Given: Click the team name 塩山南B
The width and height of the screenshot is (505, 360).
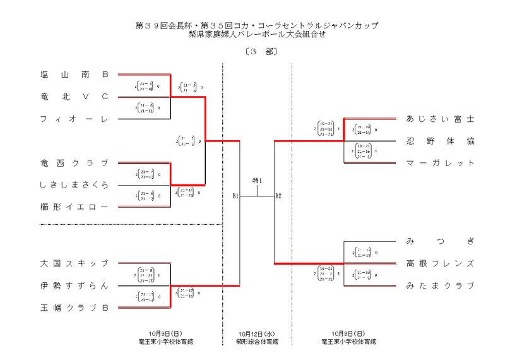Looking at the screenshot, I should pyautogui.click(x=74, y=75).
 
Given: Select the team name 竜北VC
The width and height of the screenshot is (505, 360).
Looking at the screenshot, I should pyautogui.click(x=74, y=97).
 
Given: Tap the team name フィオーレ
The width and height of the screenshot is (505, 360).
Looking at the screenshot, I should pyautogui.click(x=74, y=119).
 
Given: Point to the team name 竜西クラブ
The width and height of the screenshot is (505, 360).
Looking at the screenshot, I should pyautogui.click(x=74, y=163).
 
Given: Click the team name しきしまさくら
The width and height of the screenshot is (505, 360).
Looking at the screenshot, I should pyautogui.click(x=74, y=185).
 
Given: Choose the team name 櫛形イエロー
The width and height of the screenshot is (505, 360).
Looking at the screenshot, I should pyautogui.click(x=74, y=207).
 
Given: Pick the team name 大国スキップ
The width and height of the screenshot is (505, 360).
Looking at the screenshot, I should pyautogui.click(x=74, y=263).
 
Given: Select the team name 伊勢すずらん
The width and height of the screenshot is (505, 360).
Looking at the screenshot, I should pyautogui.click(x=74, y=285).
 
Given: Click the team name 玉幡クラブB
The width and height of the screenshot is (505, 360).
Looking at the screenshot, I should pyautogui.click(x=74, y=308).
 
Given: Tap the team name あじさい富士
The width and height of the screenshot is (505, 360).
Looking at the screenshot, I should pyautogui.click(x=440, y=119).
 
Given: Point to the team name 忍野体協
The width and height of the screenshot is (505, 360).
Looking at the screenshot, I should pyautogui.click(x=440, y=141).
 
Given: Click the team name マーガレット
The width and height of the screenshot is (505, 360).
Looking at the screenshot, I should pyautogui.click(x=440, y=163).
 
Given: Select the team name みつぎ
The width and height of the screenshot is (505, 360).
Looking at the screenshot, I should pyautogui.click(x=440, y=241).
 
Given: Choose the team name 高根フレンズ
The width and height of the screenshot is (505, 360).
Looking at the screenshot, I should pyautogui.click(x=440, y=263).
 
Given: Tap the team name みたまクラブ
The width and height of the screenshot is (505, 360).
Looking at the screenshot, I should pyautogui.click(x=440, y=285).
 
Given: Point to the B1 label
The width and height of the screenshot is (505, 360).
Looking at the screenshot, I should pyautogui.click(x=235, y=196).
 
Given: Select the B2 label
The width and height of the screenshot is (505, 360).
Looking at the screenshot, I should pyautogui.click(x=278, y=196).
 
